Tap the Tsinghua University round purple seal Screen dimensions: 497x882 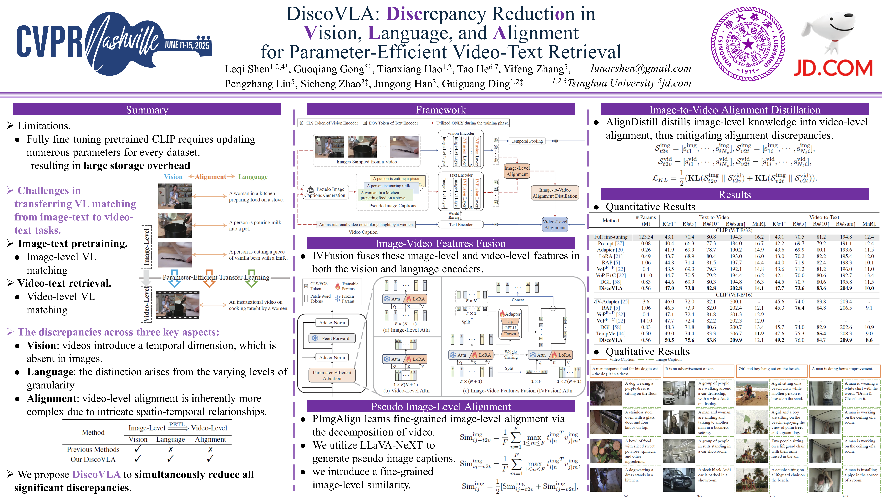[x=748, y=44]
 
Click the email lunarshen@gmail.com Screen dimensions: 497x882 [x=641, y=68]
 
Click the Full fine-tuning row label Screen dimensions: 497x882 [x=611, y=237]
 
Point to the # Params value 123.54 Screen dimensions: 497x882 [x=646, y=237]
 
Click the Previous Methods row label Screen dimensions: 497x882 [x=93, y=449]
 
